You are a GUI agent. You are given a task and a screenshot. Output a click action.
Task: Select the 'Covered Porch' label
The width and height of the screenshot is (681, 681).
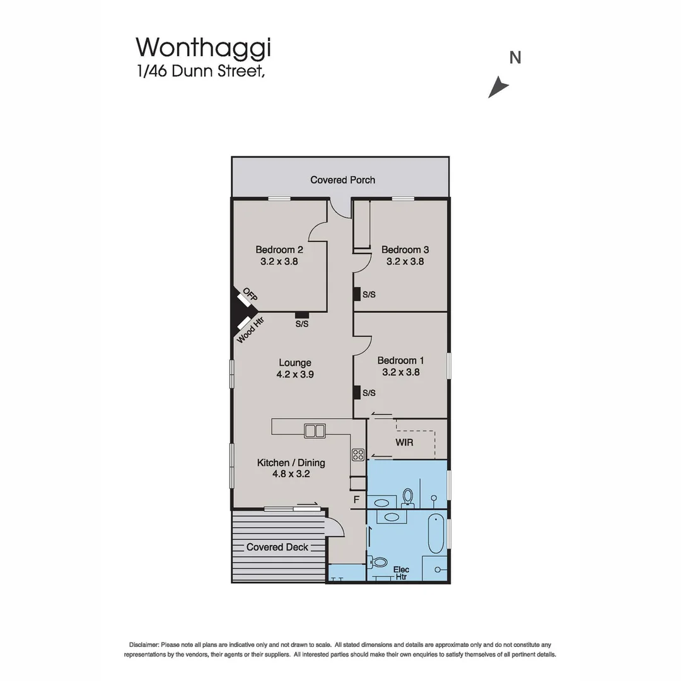pos(342,180)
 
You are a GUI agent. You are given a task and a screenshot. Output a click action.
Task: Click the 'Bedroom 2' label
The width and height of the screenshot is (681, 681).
pos(279,249)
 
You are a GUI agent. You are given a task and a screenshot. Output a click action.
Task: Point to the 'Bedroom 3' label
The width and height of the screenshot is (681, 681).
pos(405,249)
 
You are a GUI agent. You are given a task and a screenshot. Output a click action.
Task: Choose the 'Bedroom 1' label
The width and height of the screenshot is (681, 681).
pos(400,361)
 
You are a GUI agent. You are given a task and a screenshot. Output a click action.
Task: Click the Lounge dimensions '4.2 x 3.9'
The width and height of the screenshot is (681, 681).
pos(295,374)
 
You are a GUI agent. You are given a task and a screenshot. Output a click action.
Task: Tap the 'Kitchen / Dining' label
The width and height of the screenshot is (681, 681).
pos(291,463)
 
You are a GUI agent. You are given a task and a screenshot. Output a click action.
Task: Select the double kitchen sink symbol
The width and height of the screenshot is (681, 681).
pos(314,431)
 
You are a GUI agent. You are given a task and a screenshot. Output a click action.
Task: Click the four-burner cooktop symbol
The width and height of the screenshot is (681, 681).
pos(358,455)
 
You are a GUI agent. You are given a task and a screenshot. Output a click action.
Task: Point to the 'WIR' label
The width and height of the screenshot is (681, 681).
pos(404,442)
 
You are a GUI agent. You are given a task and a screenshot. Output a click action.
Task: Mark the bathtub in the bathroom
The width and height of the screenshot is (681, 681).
pos(436,533)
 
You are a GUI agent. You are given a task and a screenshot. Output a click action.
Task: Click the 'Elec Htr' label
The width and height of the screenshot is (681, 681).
pos(401,573)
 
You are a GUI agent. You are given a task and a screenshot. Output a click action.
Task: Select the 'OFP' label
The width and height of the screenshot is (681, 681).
pos(250,294)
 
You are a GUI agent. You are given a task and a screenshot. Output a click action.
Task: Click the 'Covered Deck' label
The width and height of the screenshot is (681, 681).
pos(277,547)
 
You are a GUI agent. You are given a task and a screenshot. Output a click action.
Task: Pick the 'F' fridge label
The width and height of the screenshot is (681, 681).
pos(356,500)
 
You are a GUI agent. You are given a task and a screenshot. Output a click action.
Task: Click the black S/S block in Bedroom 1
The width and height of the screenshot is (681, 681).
pos(356,393)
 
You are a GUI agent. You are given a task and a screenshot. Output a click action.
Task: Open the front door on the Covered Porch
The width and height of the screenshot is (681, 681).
pos(340,208)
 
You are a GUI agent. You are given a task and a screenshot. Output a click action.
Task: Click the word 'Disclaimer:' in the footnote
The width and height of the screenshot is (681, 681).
pos(144,644)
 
